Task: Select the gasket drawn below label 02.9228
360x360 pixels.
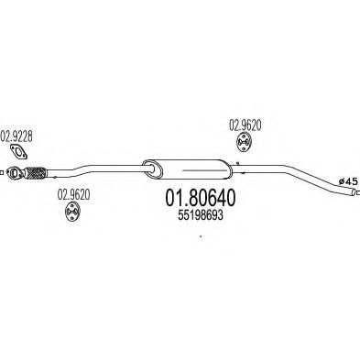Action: [18, 151]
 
